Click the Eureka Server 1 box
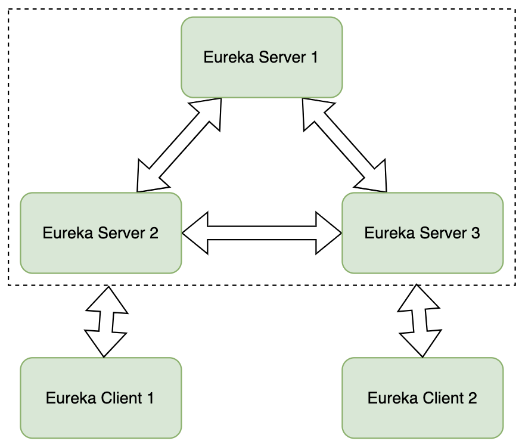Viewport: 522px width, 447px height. pyautogui.click(x=262, y=57)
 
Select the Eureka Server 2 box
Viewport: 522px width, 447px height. pyautogui.click(x=101, y=233)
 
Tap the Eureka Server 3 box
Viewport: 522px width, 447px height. pyautogui.click(x=422, y=233)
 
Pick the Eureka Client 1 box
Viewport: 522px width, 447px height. pyautogui.click(x=101, y=398)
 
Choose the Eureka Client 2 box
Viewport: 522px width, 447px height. pyautogui.click(x=422, y=398)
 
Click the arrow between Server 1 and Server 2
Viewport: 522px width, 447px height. pyautogui.click(x=179, y=145)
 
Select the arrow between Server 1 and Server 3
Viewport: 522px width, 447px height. pyautogui.click(x=344, y=145)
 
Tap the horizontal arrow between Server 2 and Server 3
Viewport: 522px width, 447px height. pyautogui.click(x=262, y=233)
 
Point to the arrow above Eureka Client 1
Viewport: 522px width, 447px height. pyautogui.click(x=106, y=321)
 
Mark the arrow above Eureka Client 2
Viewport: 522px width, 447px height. pyautogui.click(x=420, y=321)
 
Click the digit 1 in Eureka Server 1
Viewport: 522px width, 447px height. pyautogui.click(x=314, y=57)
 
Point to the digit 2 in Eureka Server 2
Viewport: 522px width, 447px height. pyautogui.click(x=154, y=233)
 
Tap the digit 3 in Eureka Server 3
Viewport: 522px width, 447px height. pyautogui.click(x=476, y=233)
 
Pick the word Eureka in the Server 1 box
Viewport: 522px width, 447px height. pyautogui.click(x=229, y=57)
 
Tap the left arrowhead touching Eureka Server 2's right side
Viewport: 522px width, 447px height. pyautogui.click(x=195, y=233)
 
